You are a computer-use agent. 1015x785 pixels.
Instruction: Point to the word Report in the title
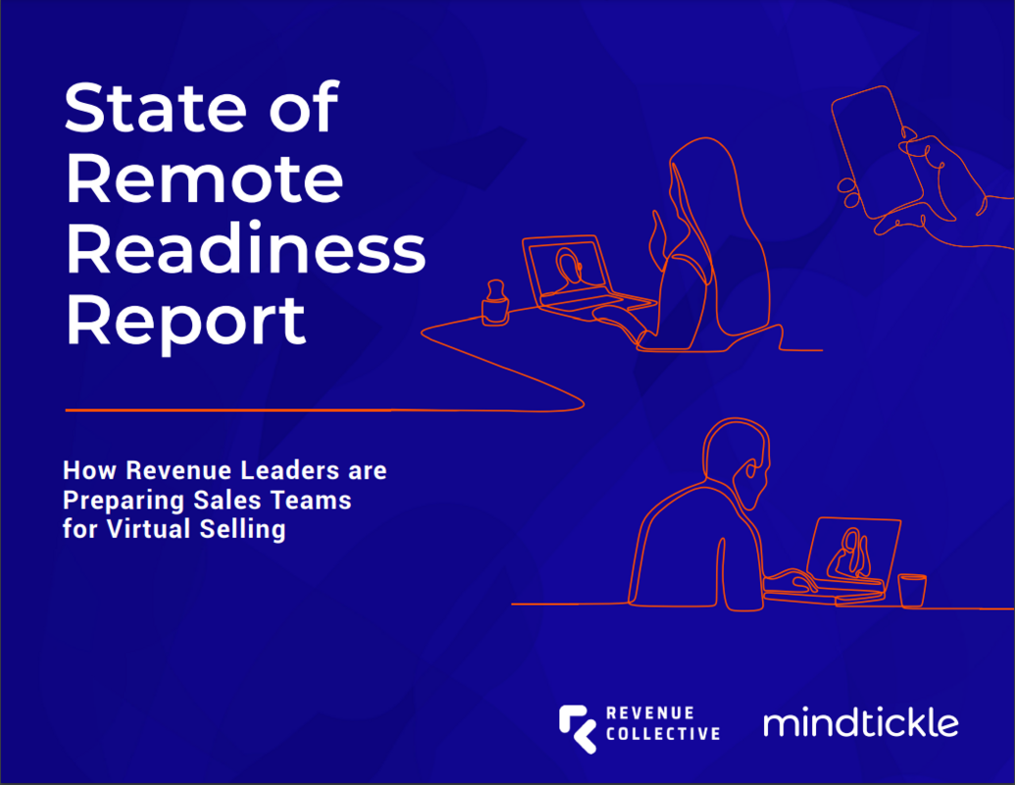tap(185, 321)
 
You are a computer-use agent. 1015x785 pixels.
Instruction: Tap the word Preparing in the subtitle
tap(116, 500)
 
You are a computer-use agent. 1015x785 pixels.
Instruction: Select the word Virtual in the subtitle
tap(140, 531)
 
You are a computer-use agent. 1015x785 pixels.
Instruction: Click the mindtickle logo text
tap(860, 724)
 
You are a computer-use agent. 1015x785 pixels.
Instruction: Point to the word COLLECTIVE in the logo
tap(662, 733)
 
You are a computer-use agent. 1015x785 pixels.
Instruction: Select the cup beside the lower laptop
tap(911, 590)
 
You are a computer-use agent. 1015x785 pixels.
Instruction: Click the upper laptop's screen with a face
tap(566, 268)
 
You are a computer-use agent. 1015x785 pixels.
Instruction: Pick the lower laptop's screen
tap(852, 549)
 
